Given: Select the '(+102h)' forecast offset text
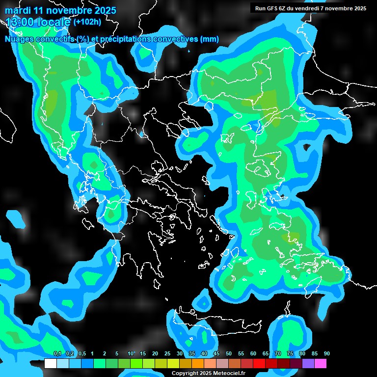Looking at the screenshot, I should (87, 22).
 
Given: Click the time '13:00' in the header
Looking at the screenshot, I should (21, 22).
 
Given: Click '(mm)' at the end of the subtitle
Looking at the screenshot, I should (210, 39).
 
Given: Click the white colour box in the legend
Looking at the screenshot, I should (51, 364).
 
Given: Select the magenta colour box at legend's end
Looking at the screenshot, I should (321, 364).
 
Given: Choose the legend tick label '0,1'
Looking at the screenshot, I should (57, 354).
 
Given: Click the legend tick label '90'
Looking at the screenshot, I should (327, 354).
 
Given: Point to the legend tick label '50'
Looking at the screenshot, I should (229, 354).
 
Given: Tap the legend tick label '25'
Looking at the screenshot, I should (167, 354).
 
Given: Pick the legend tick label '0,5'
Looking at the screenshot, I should (81, 354).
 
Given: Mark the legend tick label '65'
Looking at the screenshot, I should (266, 354).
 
